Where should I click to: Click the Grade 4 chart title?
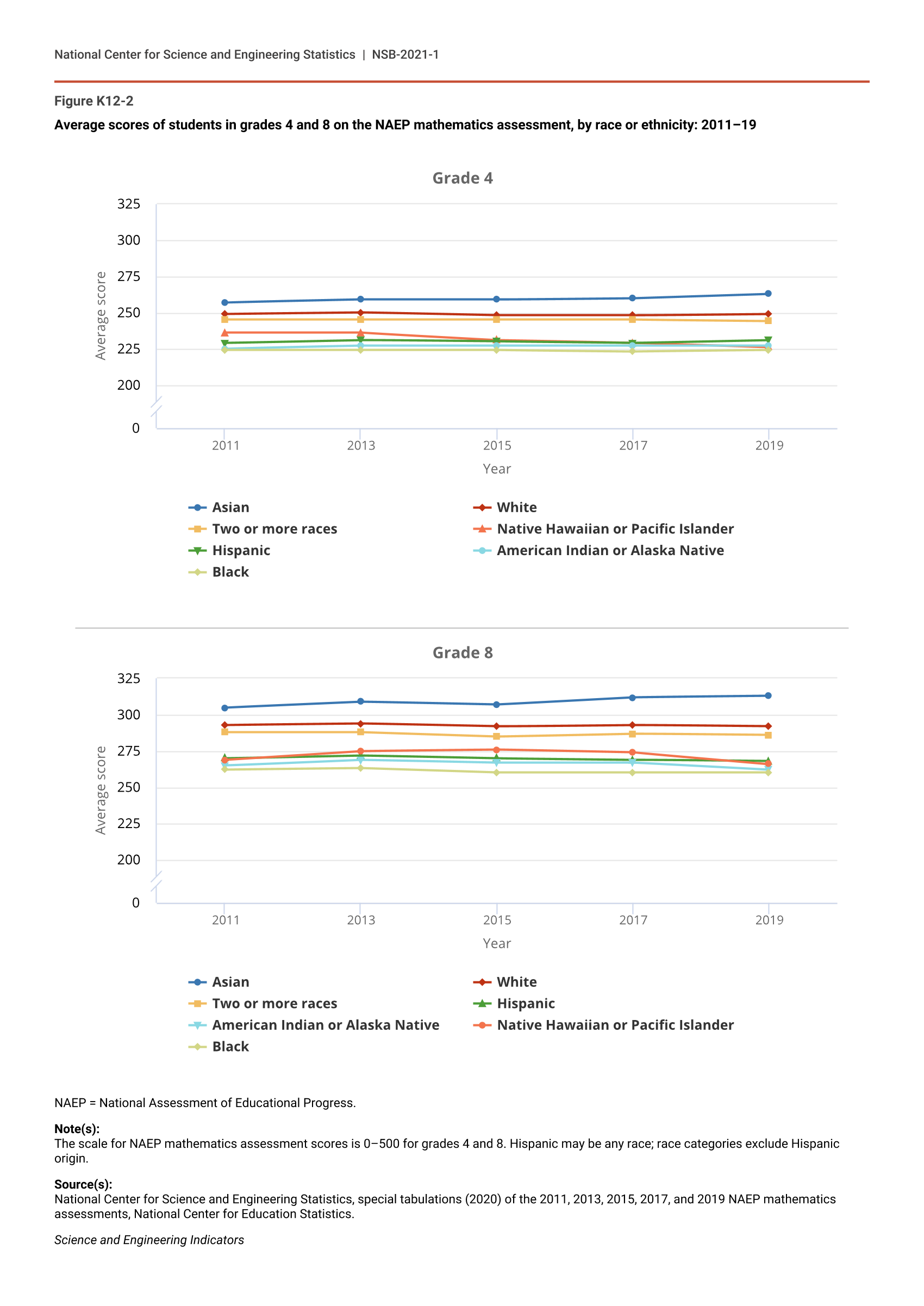(462, 178)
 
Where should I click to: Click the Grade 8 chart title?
(462, 652)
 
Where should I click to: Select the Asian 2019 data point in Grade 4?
(768, 294)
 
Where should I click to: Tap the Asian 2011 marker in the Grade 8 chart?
(224, 708)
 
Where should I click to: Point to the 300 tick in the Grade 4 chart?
(129, 240)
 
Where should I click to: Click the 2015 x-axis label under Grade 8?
(497, 920)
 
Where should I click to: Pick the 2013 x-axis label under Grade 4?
(361, 446)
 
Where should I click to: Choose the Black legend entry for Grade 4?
(230, 572)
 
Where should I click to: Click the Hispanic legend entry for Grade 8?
(525, 1003)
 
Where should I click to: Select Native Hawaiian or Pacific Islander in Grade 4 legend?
(615, 528)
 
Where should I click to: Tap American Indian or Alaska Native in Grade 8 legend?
(325, 1025)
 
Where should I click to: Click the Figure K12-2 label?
(94, 101)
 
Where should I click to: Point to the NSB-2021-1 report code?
(405, 54)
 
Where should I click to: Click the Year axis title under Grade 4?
(497, 469)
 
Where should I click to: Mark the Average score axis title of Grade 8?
(101, 791)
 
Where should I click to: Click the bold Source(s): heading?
(83, 1184)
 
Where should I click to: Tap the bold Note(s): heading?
(77, 1128)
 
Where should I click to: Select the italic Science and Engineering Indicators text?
(149, 1240)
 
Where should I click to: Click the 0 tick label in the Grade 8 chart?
(135, 903)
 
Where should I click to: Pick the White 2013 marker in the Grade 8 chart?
(361, 724)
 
